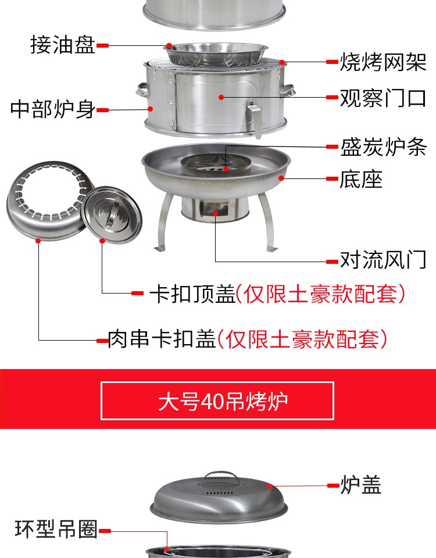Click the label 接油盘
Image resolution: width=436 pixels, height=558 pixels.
point(63,45)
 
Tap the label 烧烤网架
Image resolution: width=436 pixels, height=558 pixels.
point(383,62)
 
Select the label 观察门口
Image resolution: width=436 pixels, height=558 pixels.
point(383,98)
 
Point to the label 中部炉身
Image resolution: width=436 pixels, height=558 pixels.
point(53,109)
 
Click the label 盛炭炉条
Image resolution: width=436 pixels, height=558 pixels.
point(383,146)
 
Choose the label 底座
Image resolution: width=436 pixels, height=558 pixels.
point(361,179)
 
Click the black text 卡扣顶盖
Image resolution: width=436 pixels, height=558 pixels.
point(192,294)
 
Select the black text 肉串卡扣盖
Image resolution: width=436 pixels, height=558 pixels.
point(162,338)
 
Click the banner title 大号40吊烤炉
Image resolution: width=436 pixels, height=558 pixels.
point(223,401)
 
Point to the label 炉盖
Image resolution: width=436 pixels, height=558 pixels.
point(360,484)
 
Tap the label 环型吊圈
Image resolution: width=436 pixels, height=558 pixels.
point(56,528)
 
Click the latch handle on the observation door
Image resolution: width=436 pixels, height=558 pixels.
point(255,117)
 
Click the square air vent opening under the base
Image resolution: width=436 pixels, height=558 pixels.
point(215,208)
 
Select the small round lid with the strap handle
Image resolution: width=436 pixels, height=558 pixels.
point(112,215)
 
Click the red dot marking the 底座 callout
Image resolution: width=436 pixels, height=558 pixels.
point(281,178)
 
